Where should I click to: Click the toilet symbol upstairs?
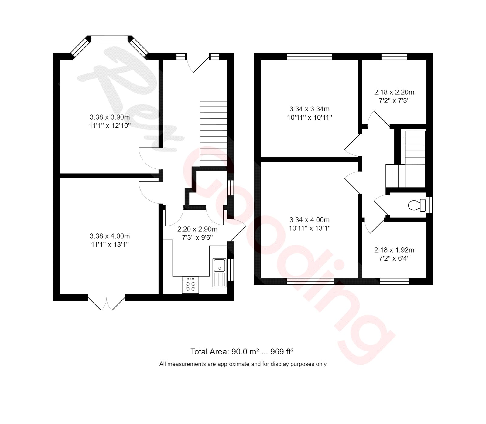[x=416, y=205]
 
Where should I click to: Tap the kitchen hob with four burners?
[x=190, y=285]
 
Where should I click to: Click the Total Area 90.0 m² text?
[x=242, y=351]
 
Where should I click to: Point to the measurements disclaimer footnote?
[x=243, y=364]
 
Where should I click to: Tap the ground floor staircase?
[x=214, y=134]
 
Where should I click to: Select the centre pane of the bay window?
[x=109, y=39]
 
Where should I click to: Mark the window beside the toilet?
[x=429, y=205]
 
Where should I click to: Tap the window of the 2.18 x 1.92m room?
[x=394, y=281]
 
